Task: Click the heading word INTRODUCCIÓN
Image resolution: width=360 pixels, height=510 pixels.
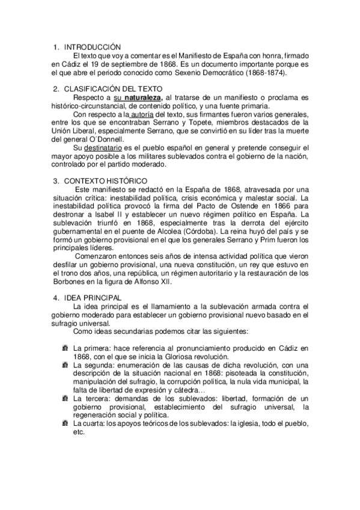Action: [92, 46]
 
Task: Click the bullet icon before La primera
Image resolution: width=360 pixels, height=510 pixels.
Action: [65, 348]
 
